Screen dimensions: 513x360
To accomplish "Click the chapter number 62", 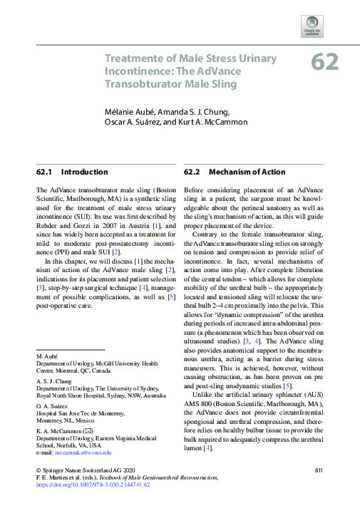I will (x=324, y=63).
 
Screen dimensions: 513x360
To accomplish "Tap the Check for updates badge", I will (x=332, y=26).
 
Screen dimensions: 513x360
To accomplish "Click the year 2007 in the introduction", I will (x=95, y=225).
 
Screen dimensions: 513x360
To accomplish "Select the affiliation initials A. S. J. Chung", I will (x=53, y=381).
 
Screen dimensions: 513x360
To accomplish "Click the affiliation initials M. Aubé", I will (x=48, y=355).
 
